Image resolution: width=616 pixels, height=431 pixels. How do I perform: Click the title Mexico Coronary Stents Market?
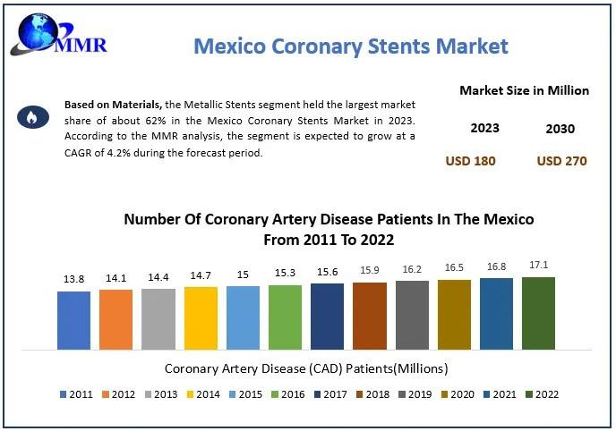[351, 46]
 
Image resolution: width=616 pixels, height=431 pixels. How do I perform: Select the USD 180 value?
[470, 161]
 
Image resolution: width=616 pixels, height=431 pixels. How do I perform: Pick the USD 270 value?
[560, 161]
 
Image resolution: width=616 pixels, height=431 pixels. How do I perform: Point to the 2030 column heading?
[560, 129]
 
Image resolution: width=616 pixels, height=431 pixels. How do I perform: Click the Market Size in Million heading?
[524, 90]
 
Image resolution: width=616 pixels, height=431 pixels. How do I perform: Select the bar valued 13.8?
[73, 319]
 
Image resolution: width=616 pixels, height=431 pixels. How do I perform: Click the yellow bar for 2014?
[201, 317]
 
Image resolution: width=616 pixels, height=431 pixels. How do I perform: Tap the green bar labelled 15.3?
[286, 316]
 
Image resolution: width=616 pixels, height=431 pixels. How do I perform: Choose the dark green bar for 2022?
[538, 312]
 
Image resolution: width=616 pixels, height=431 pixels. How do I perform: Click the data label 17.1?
[538, 265]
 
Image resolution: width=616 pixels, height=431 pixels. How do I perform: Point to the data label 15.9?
[369, 270]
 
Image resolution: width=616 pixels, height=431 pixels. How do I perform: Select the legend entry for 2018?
[373, 394]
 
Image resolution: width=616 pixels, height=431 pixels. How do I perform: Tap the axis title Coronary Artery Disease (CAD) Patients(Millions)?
[307, 368]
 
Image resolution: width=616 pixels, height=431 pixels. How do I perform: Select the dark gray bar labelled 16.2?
[412, 314]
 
